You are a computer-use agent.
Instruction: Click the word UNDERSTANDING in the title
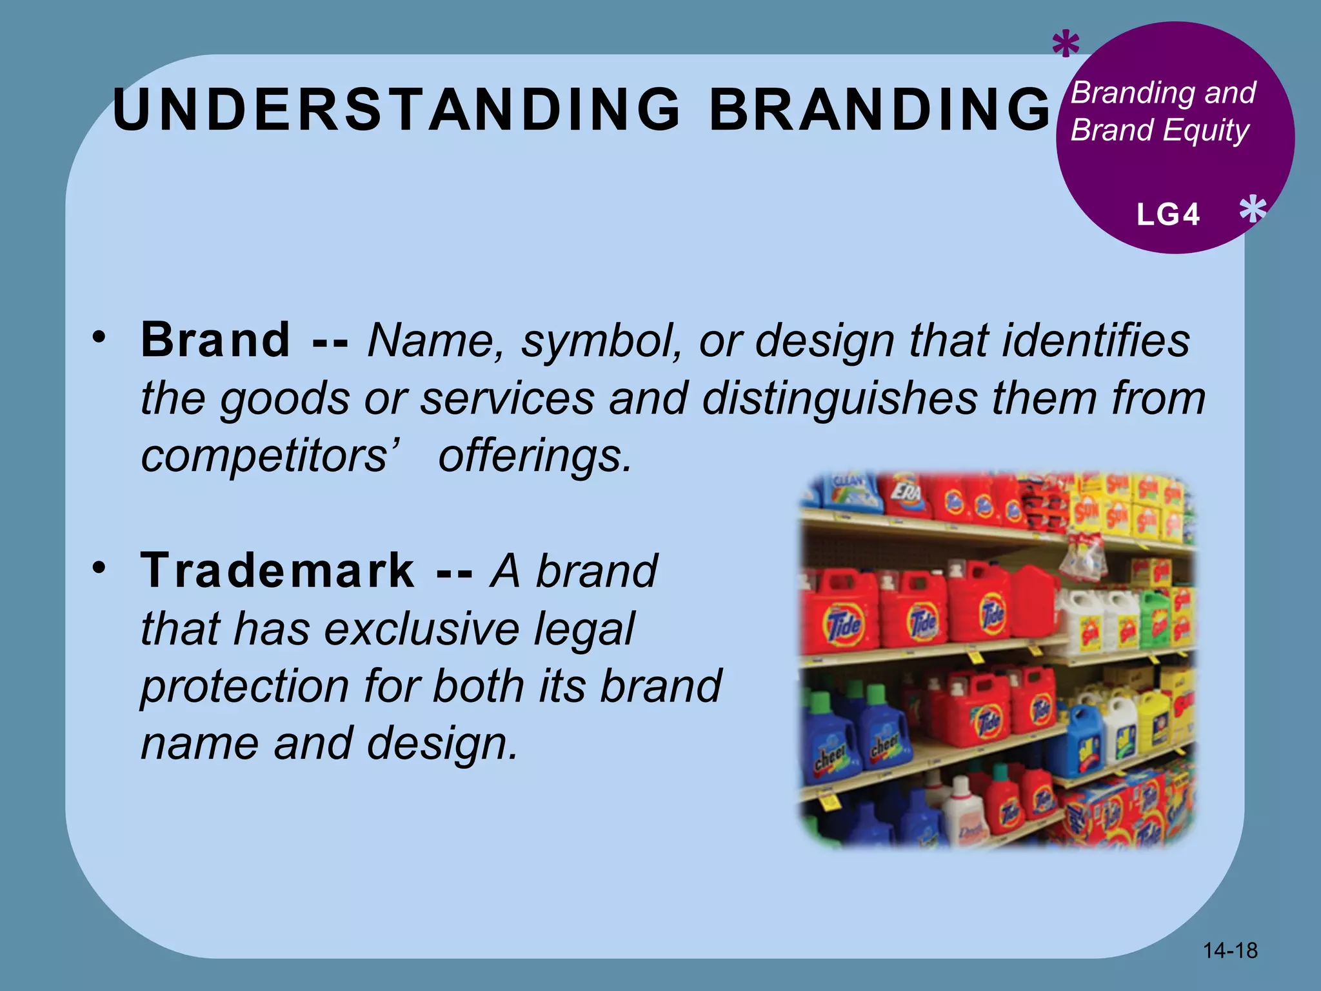[396, 110]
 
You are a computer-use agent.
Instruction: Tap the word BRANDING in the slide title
[880, 110]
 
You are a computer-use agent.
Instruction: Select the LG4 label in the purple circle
[1168, 215]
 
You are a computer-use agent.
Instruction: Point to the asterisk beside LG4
[1253, 210]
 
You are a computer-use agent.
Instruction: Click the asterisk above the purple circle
[1066, 46]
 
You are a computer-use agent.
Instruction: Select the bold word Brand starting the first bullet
[215, 340]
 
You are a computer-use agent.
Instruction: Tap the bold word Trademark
[278, 570]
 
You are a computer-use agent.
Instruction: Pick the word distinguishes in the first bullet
[839, 398]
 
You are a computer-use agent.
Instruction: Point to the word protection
[245, 686]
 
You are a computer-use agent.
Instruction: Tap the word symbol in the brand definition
[600, 340]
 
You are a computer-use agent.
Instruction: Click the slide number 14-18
[1230, 950]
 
